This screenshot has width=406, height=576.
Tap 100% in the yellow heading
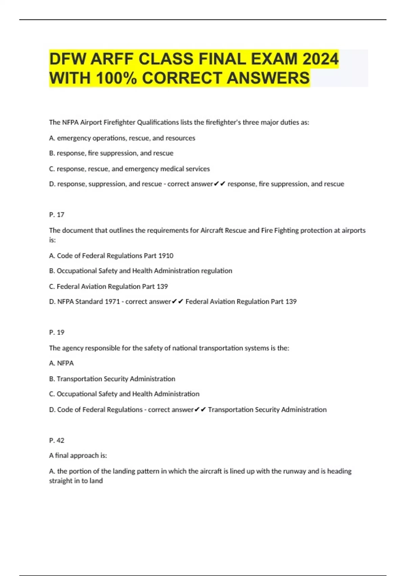tap(116, 78)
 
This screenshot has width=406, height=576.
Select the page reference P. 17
tap(57, 215)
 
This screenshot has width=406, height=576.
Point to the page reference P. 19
tap(57, 332)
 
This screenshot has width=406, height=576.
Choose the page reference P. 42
tap(57, 440)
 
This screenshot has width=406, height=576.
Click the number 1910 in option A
tap(166, 256)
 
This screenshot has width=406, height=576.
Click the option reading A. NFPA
tap(61, 363)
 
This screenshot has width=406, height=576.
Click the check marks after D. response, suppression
tap(220, 184)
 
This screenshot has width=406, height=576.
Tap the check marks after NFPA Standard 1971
tap(178, 302)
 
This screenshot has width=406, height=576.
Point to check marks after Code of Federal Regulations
tap(200, 410)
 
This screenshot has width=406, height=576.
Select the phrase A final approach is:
tap(78, 456)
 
